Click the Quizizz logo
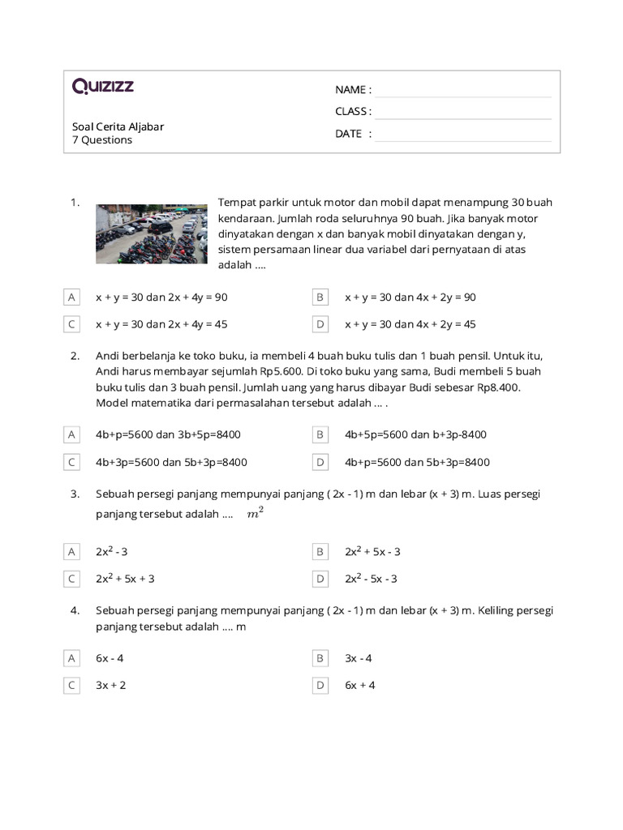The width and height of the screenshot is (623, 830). coord(103,87)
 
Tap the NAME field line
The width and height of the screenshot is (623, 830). coord(462,90)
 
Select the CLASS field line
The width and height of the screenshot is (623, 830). coord(462,112)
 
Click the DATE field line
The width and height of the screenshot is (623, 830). coord(462,134)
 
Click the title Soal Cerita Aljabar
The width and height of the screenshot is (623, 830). coord(118,126)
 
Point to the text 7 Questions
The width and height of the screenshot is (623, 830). coord(102,140)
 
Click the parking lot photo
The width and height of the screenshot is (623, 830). coord(152,233)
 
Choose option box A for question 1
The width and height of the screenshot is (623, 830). coord(72,297)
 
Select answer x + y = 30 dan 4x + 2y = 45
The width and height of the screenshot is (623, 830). coord(410,324)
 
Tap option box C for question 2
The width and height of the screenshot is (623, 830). coord(72,462)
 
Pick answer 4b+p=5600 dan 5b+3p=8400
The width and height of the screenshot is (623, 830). coord(417,462)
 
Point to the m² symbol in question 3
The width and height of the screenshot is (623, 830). coord(255,514)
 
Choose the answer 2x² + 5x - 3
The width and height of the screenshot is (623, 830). coord(372,552)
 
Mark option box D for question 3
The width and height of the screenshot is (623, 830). coord(320,579)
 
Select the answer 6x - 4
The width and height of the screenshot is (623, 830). coord(112,658)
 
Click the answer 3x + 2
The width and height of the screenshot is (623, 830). coord(111,685)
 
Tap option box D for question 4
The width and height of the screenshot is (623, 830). coord(320,685)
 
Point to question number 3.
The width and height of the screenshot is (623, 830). coord(75,494)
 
